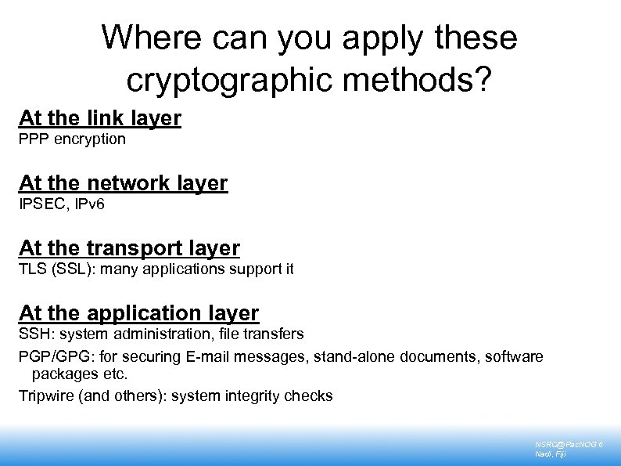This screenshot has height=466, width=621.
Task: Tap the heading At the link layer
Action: (100, 118)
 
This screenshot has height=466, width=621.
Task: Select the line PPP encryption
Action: (72, 139)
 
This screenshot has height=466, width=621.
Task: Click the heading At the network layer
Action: (123, 183)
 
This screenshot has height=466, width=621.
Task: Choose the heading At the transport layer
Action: (129, 248)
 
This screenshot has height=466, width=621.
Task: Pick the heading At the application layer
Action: (138, 313)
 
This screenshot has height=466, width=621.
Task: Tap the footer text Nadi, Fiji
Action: (550, 454)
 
